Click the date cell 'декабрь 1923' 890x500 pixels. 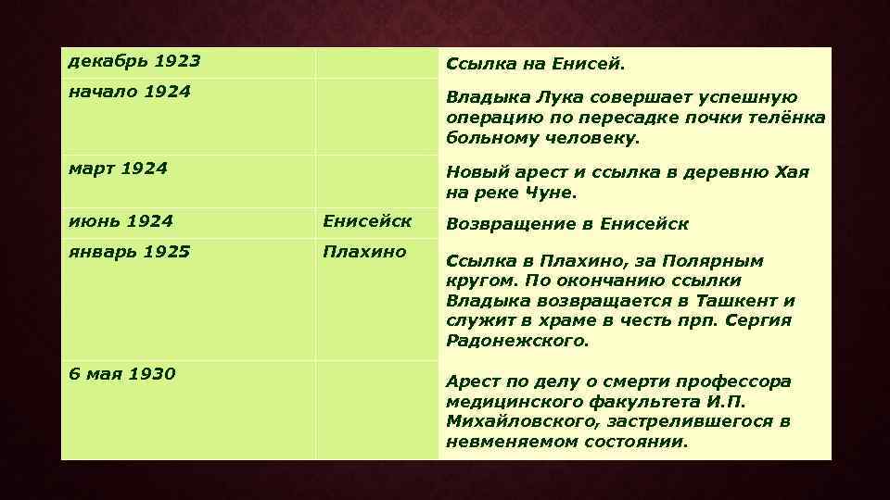[134, 61]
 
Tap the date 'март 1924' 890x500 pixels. [119, 169]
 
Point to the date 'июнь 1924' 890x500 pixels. [121, 220]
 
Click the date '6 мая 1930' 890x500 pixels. [122, 374]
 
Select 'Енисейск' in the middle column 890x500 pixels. [367, 220]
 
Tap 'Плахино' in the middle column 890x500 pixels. [364, 251]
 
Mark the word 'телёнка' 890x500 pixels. [787, 118]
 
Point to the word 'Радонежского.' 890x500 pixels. [517, 341]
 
